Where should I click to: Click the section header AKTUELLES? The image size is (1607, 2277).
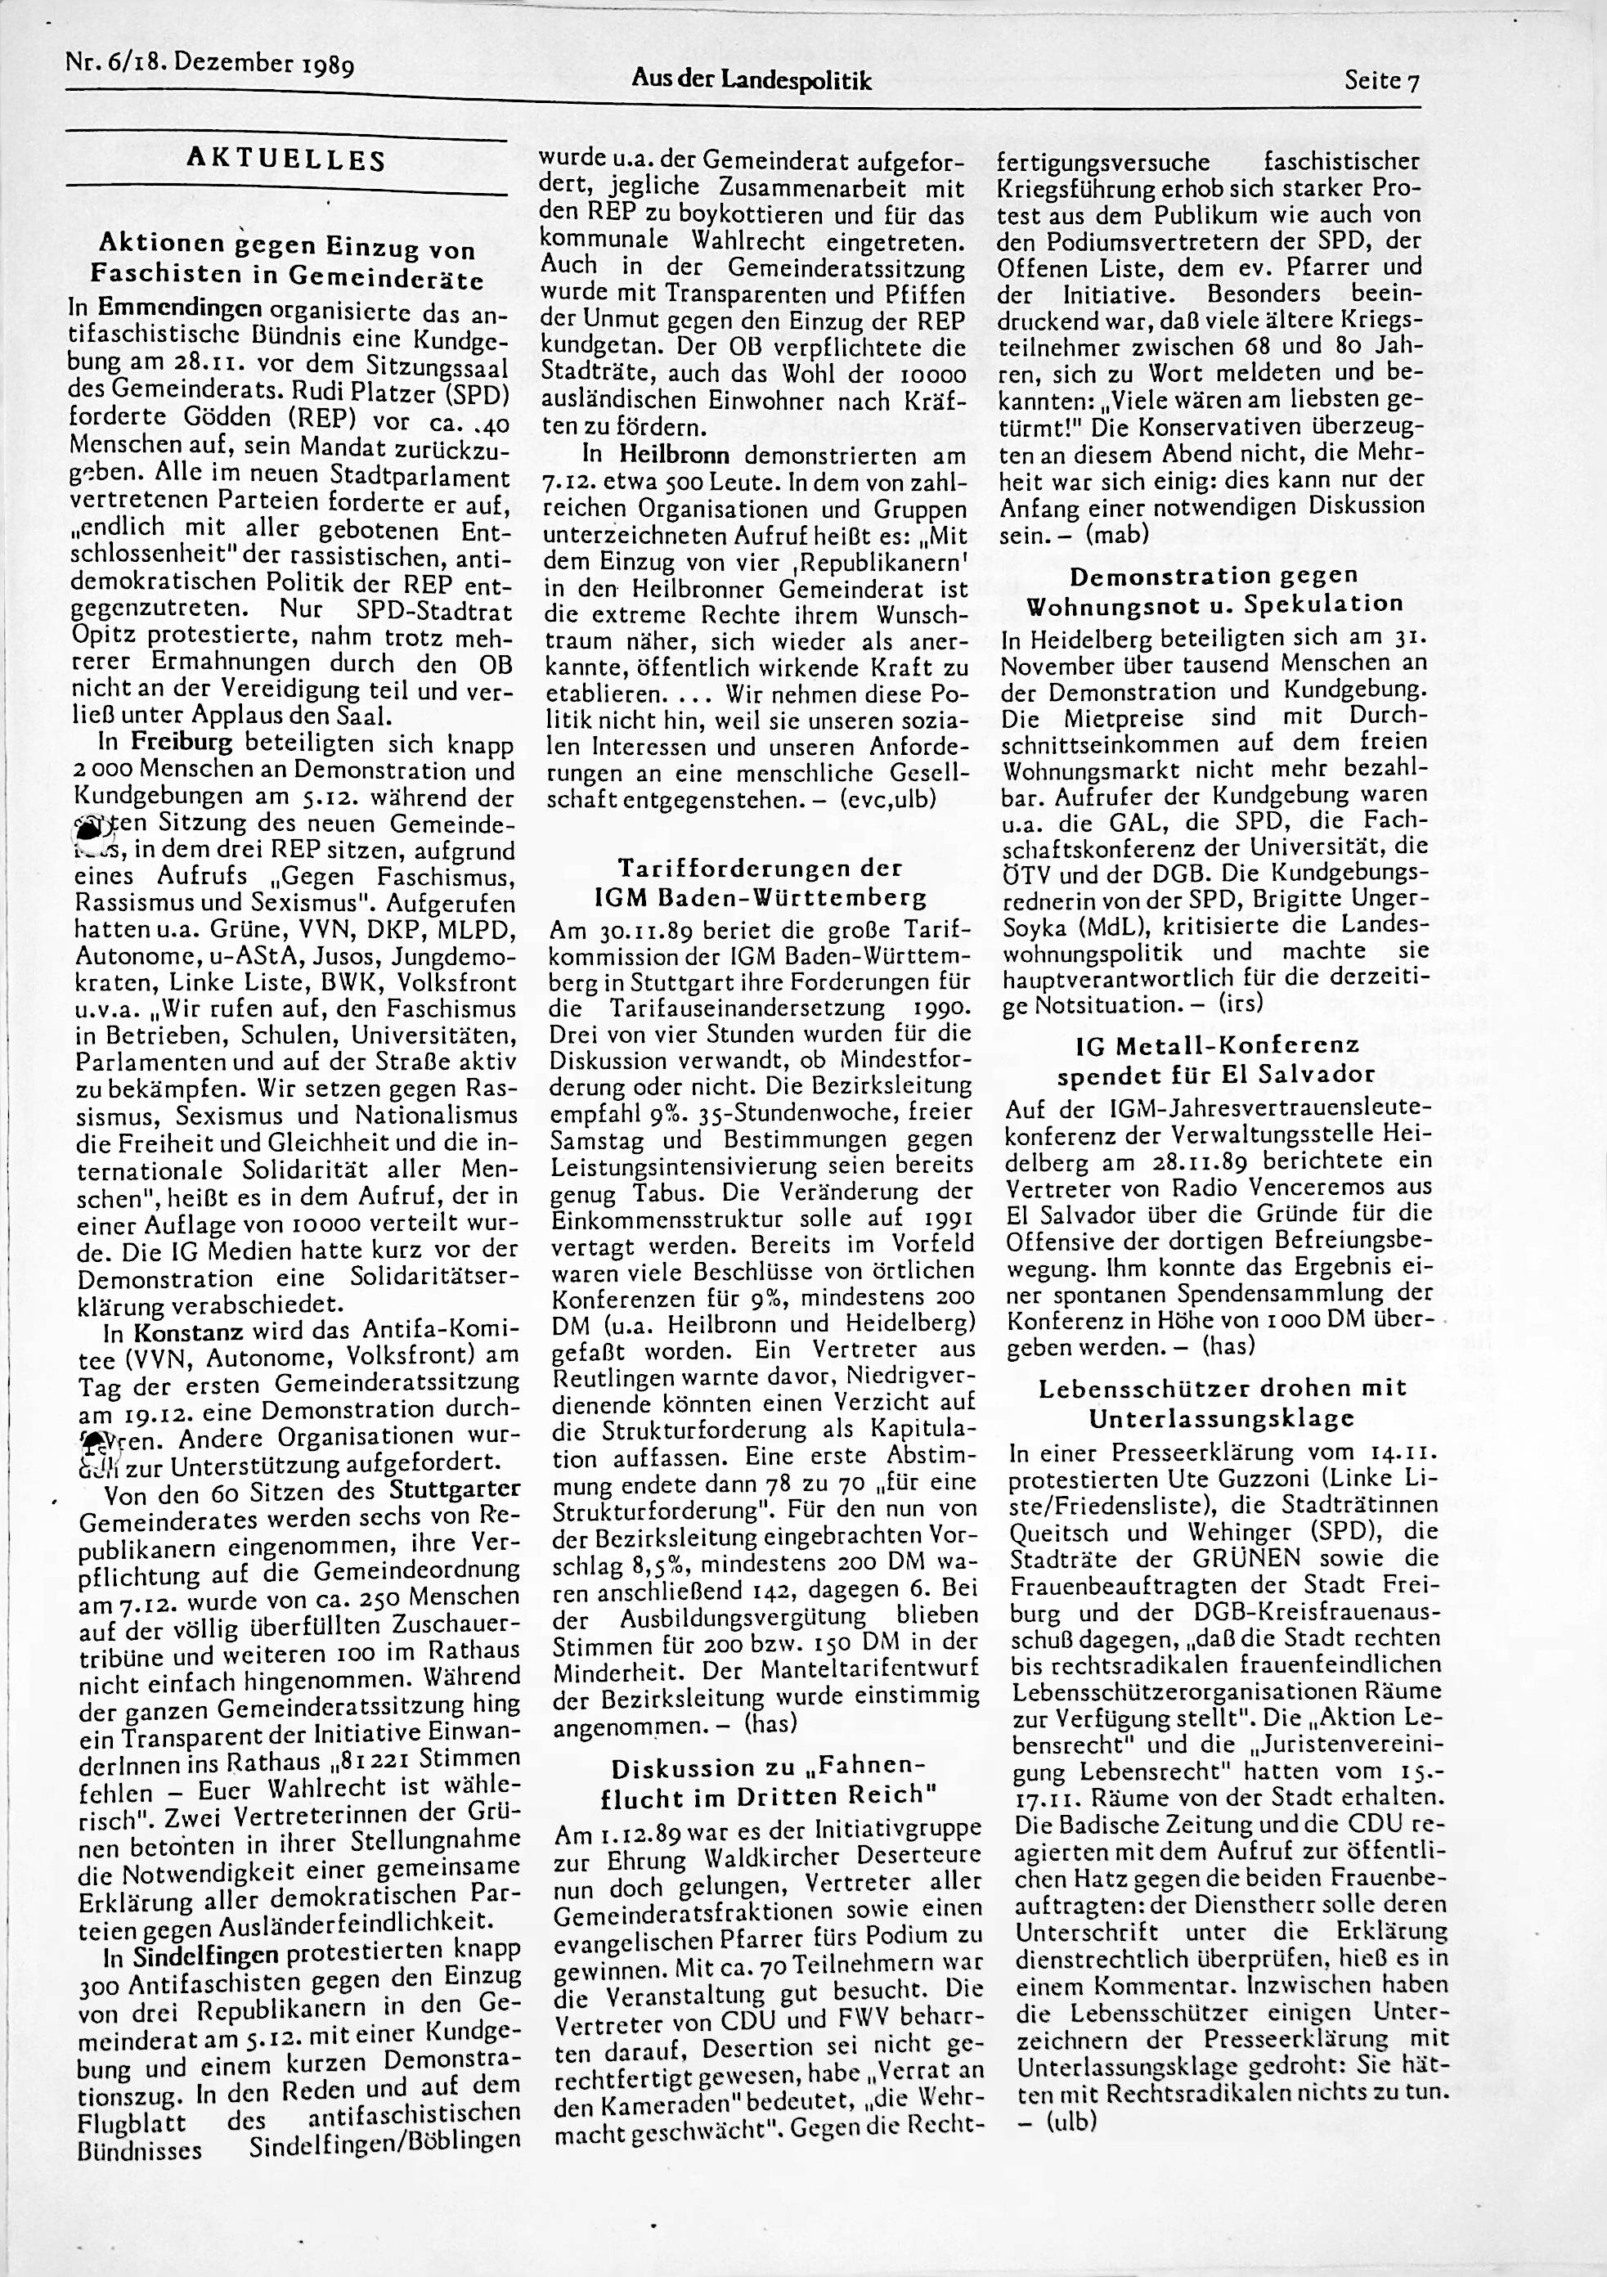point(285,159)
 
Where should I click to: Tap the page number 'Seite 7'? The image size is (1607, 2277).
point(1382,81)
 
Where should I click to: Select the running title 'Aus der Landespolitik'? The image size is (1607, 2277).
point(751,81)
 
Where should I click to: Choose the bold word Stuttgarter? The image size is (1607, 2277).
point(456,1492)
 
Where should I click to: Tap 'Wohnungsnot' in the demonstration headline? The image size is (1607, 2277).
point(1125,605)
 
